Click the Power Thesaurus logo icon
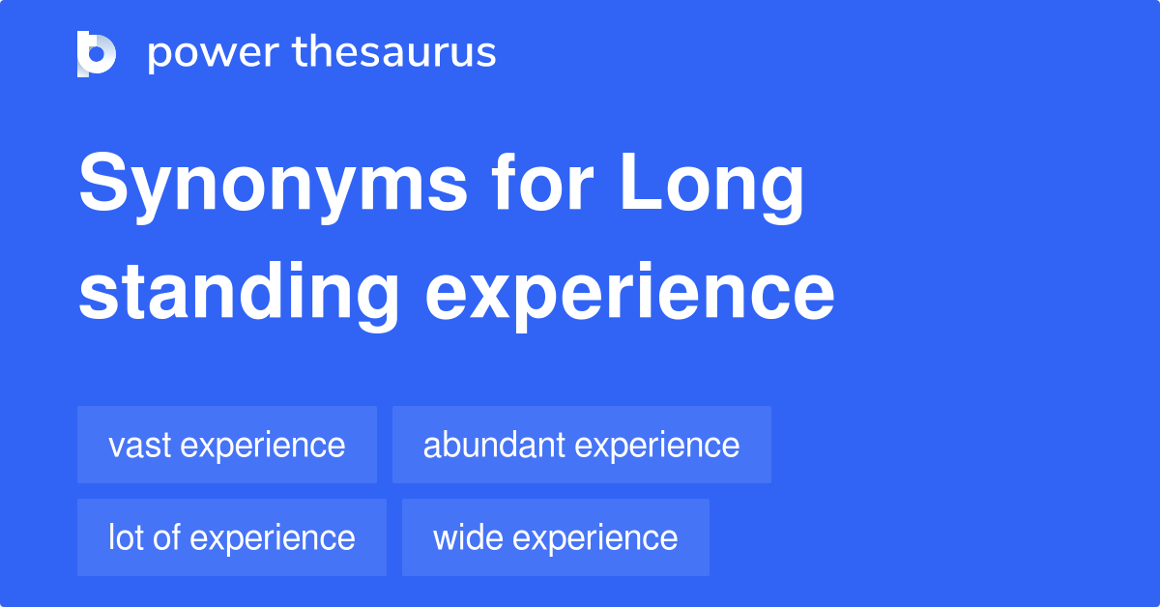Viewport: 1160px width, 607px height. click(x=97, y=53)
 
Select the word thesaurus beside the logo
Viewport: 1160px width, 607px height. click(x=395, y=53)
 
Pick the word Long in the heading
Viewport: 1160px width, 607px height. click(x=711, y=188)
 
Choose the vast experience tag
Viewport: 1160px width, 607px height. click(x=227, y=445)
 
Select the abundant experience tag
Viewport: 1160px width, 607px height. click(x=582, y=445)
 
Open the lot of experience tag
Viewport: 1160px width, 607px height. click(x=232, y=537)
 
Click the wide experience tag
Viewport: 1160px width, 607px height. click(x=556, y=537)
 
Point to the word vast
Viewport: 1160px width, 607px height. click(x=139, y=446)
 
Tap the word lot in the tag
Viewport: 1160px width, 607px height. click(x=125, y=537)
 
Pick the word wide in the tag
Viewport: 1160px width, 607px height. click(x=467, y=537)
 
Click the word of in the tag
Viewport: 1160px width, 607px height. click(x=166, y=537)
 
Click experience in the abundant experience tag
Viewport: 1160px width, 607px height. click(x=657, y=446)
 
